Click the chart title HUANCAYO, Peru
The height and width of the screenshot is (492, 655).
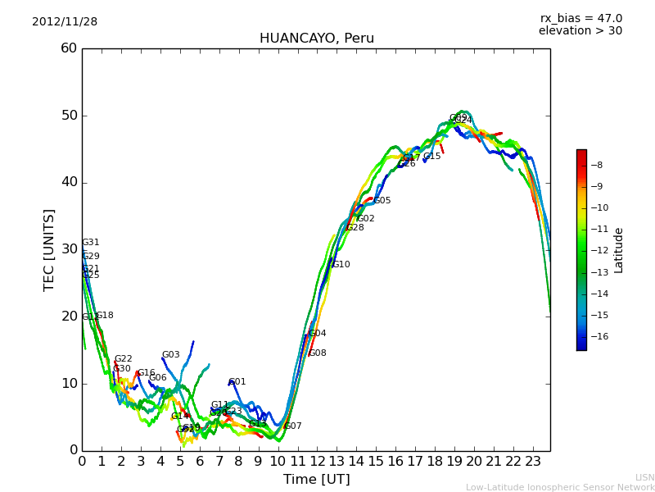pos(316,39)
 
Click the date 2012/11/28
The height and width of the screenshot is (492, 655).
pos(65,22)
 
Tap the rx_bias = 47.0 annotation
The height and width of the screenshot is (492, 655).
pos(580,19)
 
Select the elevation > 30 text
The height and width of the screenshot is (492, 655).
pos(580,31)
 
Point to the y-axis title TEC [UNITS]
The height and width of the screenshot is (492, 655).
pos(49,249)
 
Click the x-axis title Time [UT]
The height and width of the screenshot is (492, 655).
pos(316,479)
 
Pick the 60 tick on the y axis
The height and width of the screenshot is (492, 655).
pos(69,48)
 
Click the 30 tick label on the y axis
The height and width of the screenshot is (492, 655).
pos(69,249)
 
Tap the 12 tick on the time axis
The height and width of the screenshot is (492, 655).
pos(317,462)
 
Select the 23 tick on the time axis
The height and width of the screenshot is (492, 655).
pos(532,462)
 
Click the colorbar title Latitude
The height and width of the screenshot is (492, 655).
pos(619,250)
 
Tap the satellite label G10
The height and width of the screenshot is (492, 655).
pos(341,265)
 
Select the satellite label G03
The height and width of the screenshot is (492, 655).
pos(170,355)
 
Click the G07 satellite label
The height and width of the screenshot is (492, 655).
pos(292,426)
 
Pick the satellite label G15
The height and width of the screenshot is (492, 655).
pos(431,157)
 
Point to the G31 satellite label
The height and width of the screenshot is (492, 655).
pos(90,243)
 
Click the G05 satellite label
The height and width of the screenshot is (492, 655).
pos(382,201)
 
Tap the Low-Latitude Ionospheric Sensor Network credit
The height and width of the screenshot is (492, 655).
pos(560,487)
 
